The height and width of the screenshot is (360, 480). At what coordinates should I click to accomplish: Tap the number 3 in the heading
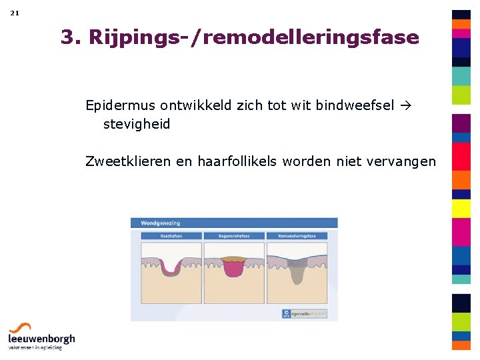[67, 37]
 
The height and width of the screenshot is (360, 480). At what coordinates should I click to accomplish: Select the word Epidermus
[119, 105]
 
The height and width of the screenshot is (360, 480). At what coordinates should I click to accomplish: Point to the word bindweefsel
[355, 105]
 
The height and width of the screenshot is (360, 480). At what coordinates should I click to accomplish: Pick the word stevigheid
[137, 124]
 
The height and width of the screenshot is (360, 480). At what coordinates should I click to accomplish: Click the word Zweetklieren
[128, 161]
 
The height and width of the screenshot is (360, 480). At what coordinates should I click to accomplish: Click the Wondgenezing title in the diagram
[160, 223]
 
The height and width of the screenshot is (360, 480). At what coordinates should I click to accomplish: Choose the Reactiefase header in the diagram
[171, 235]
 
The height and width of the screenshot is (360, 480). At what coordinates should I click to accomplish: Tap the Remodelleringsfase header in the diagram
[297, 235]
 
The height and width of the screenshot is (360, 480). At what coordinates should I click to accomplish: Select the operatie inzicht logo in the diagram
[305, 312]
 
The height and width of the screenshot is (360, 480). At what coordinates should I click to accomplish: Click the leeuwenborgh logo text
[41, 339]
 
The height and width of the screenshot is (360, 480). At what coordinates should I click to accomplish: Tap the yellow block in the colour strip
[461, 209]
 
